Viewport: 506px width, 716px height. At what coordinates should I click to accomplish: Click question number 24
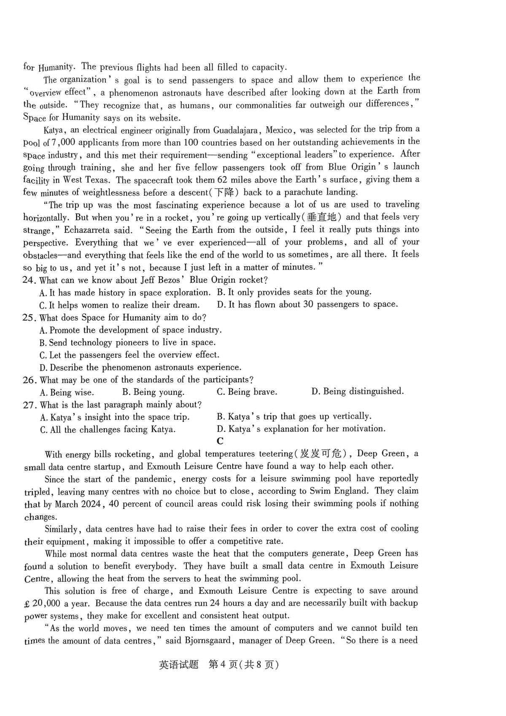click(x=28, y=280)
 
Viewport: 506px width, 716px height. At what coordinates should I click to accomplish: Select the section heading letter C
click(x=220, y=441)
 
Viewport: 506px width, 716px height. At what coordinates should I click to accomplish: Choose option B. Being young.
click(x=153, y=392)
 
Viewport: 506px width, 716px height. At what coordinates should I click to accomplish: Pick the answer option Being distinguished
click(x=357, y=392)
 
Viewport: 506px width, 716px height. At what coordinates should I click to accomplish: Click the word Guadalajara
click(x=237, y=130)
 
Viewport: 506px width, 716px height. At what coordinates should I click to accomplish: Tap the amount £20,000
click(x=42, y=604)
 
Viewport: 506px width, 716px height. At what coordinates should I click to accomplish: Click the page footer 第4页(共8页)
click(x=244, y=665)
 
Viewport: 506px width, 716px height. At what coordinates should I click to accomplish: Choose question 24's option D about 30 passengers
click(x=307, y=305)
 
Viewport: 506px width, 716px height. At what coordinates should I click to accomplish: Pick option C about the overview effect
click(x=129, y=355)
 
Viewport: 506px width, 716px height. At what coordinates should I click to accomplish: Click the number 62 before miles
click(x=222, y=180)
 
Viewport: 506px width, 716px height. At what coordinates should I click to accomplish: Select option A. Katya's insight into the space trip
click(x=115, y=417)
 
